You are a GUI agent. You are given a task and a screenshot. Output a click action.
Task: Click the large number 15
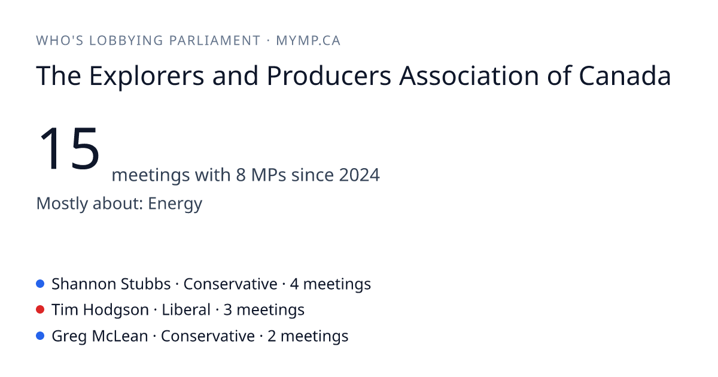click(x=69, y=148)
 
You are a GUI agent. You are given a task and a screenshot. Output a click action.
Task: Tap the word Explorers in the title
click(x=147, y=77)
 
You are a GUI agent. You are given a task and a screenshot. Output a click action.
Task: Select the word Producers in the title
click(x=329, y=76)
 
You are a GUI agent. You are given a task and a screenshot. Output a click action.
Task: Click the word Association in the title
click(x=469, y=76)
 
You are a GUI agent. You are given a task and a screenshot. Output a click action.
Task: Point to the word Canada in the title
click(x=625, y=76)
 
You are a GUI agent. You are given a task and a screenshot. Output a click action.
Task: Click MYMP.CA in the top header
click(x=308, y=41)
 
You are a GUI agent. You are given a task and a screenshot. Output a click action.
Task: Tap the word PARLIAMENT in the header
click(x=215, y=41)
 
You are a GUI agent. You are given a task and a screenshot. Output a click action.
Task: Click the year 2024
click(x=360, y=175)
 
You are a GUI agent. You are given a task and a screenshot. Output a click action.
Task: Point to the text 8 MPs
click(x=261, y=175)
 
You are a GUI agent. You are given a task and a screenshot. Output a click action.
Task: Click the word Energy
click(x=175, y=204)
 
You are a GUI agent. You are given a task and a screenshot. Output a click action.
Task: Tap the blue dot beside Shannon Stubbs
click(x=40, y=284)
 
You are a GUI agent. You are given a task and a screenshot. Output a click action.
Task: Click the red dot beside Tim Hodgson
click(x=40, y=310)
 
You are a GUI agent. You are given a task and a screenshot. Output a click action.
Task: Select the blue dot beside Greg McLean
click(x=40, y=336)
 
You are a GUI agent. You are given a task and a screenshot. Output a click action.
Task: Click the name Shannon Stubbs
click(x=111, y=284)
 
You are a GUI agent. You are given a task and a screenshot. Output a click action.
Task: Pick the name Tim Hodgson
click(x=101, y=310)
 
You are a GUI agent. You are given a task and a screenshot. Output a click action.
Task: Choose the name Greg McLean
click(x=100, y=336)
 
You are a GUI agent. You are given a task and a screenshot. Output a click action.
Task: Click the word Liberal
click(x=186, y=310)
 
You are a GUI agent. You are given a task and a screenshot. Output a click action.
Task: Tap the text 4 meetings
click(x=330, y=284)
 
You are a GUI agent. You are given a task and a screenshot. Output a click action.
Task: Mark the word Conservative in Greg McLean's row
click(x=208, y=336)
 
